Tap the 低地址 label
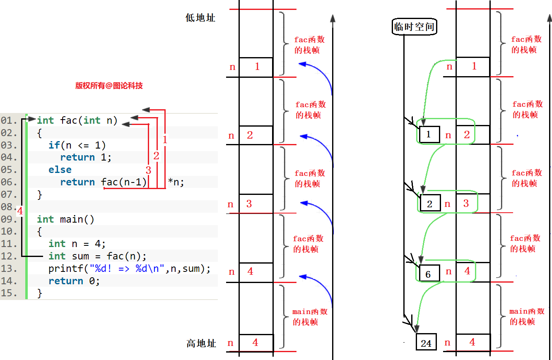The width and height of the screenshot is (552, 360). click(x=200, y=18)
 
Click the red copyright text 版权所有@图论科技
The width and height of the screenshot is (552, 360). click(x=109, y=86)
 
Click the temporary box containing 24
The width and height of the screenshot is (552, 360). click(x=426, y=343)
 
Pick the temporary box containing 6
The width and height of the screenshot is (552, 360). click(x=428, y=274)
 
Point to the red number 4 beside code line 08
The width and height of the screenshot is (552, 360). click(x=20, y=211)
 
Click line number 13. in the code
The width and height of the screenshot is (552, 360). click(x=10, y=269)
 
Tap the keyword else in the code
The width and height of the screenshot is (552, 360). click(x=60, y=170)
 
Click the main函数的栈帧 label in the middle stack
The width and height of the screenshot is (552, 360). click(x=310, y=317)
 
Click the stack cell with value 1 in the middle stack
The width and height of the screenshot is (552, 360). click(x=256, y=67)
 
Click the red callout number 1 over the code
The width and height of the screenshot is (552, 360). click(x=165, y=140)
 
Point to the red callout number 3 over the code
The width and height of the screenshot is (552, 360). click(x=148, y=170)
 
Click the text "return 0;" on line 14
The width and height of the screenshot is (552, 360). click(x=74, y=281)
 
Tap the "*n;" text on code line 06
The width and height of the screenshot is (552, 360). click(x=176, y=182)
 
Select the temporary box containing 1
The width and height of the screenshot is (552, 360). click(x=429, y=134)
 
